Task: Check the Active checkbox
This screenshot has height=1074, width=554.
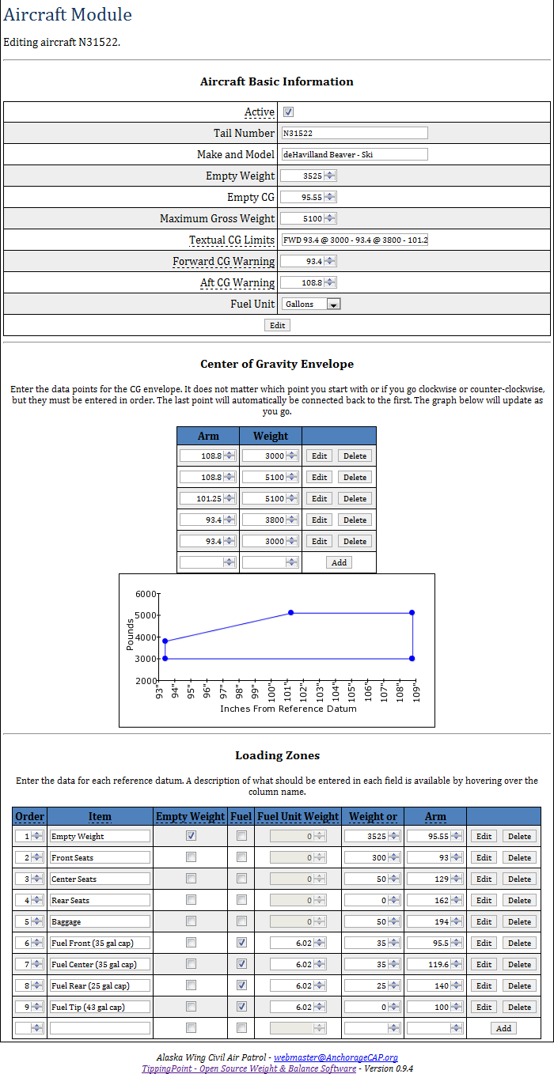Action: point(289,112)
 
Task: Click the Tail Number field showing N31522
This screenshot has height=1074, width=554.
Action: point(354,134)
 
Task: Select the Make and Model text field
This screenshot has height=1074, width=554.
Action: point(354,155)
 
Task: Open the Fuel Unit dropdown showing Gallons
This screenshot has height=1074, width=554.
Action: point(310,304)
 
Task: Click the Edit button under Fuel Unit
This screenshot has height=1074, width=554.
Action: point(277,325)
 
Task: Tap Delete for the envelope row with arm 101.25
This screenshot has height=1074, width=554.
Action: point(355,499)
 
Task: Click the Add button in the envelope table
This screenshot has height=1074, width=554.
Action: point(339,562)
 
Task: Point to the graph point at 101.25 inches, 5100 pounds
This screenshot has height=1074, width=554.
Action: point(291,613)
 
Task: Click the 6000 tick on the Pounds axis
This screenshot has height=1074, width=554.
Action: point(147,594)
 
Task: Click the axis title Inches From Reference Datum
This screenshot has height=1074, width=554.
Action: point(288,709)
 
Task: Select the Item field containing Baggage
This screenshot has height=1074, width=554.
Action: point(100,921)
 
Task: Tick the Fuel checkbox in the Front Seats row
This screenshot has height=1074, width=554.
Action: point(241,857)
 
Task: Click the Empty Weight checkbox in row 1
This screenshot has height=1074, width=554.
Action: point(191,836)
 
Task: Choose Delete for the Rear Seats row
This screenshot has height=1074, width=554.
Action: point(519,900)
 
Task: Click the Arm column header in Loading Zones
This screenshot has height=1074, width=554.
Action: point(435,816)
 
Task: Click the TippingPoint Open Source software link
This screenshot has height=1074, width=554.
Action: point(249,1068)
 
